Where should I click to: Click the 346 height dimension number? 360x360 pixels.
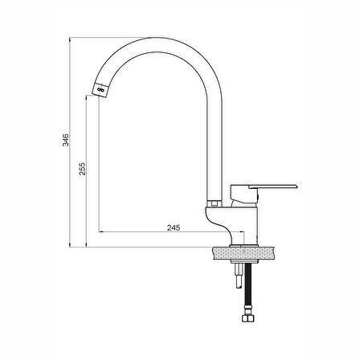(x=66, y=140)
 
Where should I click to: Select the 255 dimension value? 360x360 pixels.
(x=82, y=169)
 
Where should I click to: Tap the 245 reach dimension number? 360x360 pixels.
(x=174, y=227)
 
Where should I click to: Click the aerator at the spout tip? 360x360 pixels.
(x=100, y=90)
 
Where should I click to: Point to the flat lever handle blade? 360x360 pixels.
(x=273, y=186)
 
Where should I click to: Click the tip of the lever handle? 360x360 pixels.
(x=297, y=186)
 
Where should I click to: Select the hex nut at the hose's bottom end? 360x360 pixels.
(x=247, y=318)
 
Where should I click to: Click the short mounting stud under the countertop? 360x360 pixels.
(x=239, y=275)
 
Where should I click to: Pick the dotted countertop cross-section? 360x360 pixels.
(x=243, y=253)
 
